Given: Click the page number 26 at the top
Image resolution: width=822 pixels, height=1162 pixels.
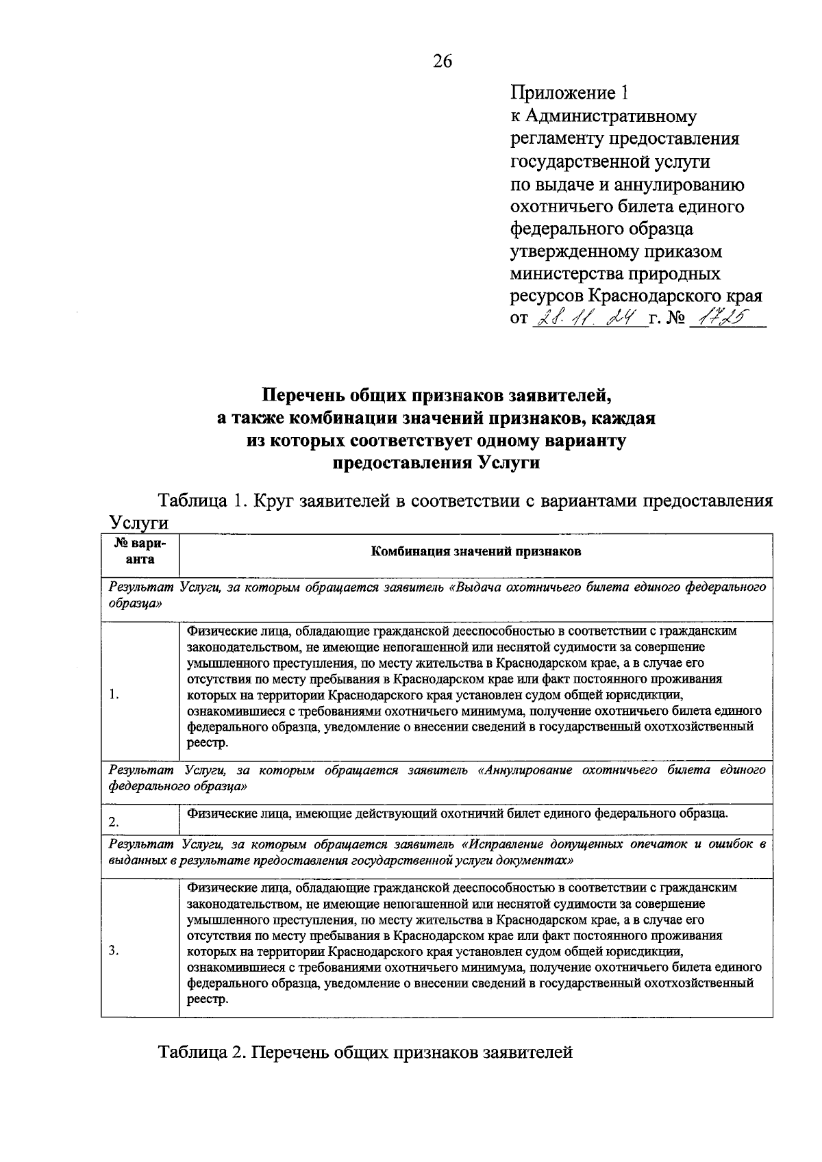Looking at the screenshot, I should pyautogui.click(x=443, y=62).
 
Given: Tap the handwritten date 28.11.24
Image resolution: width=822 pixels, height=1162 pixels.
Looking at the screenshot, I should pyautogui.click(x=589, y=318).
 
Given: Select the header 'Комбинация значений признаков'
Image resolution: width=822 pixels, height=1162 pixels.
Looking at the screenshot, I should pyautogui.click(x=475, y=552).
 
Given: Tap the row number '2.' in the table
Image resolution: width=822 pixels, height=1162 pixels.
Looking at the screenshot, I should pyautogui.click(x=114, y=821).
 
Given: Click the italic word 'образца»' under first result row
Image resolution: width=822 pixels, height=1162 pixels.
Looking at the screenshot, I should pyautogui.click(x=136, y=605).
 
